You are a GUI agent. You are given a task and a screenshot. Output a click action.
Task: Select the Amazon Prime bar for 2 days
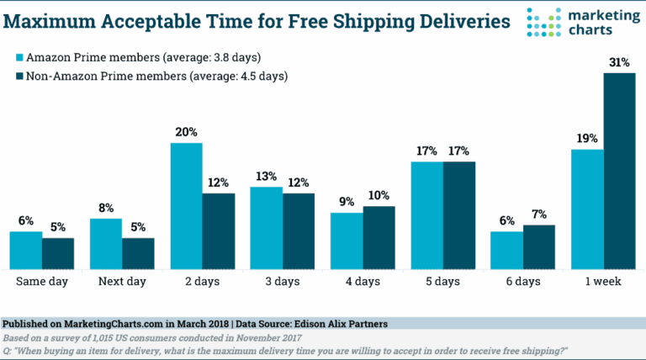point(187,206)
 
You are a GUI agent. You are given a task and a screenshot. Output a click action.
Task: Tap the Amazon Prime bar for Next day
point(106,244)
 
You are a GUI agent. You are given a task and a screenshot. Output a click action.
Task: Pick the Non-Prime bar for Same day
point(58,253)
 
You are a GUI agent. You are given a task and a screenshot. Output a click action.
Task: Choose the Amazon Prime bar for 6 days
point(506,250)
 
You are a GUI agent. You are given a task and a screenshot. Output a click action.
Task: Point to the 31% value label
point(618,62)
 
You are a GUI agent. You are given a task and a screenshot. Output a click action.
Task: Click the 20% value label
point(187,132)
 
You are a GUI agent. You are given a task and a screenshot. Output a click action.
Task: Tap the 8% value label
point(106,208)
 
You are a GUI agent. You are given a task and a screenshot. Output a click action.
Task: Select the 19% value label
point(586,139)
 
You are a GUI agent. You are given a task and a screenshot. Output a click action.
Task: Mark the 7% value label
point(539,214)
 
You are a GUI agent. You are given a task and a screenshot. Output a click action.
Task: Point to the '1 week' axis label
point(602,282)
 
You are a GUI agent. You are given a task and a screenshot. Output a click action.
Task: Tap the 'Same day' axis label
point(42,282)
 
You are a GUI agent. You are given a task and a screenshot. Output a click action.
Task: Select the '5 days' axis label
point(442,282)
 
